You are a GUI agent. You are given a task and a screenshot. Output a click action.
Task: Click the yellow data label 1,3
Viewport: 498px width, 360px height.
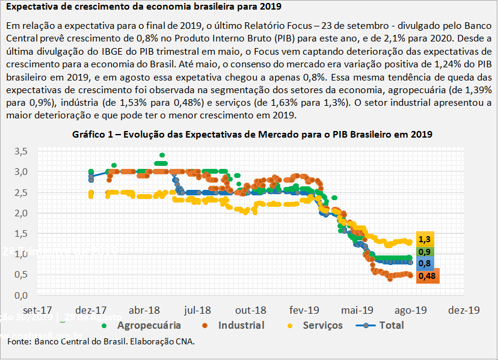pyautogui.click(x=424, y=239)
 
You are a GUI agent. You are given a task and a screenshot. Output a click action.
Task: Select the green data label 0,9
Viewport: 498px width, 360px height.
pyautogui.click(x=424, y=252)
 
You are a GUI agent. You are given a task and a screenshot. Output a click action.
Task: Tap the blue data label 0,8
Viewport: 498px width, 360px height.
pyautogui.click(x=424, y=264)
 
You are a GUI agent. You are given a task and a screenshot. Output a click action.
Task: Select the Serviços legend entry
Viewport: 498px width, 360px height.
pyautogui.click(x=315, y=326)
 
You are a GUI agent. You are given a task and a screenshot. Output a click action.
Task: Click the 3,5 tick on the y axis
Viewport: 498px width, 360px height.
pyautogui.click(x=21, y=151)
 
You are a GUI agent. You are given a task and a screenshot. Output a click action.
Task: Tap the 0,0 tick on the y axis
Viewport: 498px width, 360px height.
pyautogui.click(x=21, y=295)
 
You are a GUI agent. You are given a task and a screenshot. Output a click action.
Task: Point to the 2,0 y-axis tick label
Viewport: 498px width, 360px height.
pyautogui.click(x=21, y=213)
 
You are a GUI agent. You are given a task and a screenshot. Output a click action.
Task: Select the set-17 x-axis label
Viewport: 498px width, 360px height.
pyautogui.click(x=37, y=310)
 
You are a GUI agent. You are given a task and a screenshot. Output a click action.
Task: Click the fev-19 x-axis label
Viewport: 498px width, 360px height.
pyautogui.click(x=304, y=310)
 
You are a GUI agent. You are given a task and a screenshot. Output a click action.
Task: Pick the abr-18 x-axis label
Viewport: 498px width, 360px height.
pyautogui.click(x=144, y=310)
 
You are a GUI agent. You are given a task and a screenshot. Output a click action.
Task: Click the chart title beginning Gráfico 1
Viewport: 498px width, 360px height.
pyautogui.click(x=251, y=134)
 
